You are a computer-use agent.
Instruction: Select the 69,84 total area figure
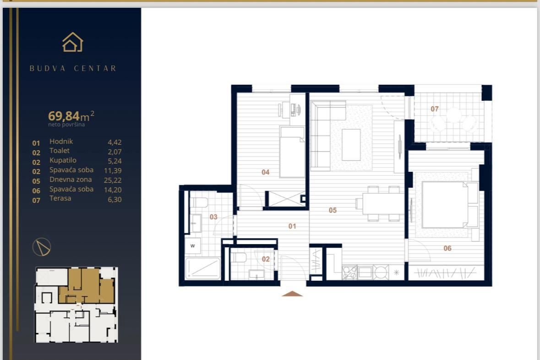pyautogui.click(x=64, y=115)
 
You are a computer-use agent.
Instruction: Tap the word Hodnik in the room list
pyautogui.click(x=61, y=142)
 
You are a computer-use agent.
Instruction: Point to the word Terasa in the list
pyautogui.click(x=60, y=198)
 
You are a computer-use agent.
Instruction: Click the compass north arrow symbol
pyautogui.click(x=42, y=247)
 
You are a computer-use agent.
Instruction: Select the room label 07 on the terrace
pyautogui.click(x=435, y=109)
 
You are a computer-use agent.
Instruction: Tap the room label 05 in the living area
pyautogui.click(x=333, y=210)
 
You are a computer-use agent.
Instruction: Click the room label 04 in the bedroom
pyautogui.click(x=265, y=172)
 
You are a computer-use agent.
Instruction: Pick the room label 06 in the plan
pyautogui.click(x=447, y=248)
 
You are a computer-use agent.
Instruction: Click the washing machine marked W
pyautogui.click(x=193, y=245)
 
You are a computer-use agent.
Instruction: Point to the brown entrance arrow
pyautogui.click(x=292, y=294)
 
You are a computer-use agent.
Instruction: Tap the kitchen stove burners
pyautogui.click(x=349, y=273)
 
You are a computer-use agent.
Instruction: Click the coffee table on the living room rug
pyautogui.click(x=351, y=145)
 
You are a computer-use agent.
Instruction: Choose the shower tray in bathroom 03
pyautogui.click(x=202, y=268)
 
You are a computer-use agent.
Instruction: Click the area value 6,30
pyautogui.click(x=114, y=199)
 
